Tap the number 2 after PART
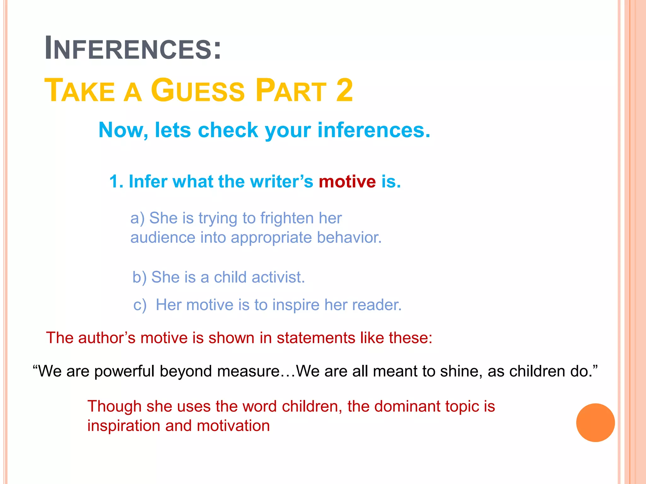(344, 90)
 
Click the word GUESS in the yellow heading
(198, 90)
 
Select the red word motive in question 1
(347, 182)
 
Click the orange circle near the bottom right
(595, 423)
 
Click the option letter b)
(139, 278)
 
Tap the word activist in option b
(278, 278)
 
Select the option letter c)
(140, 305)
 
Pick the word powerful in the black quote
(124, 371)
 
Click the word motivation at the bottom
(233, 426)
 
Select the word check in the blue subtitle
(228, 130)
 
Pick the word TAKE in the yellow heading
(80, 90)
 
